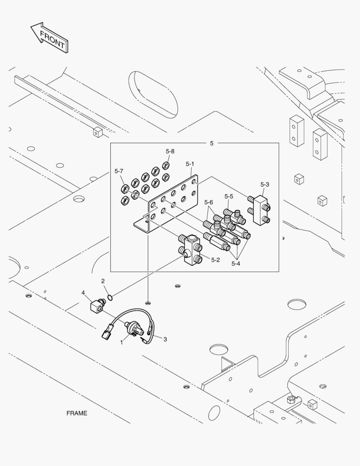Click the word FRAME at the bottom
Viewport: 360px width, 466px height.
coord(77,413)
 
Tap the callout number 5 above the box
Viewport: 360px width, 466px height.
coord(211,143)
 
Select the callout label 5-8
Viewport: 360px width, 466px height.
coord(170,151)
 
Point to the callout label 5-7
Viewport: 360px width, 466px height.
coord(119,171)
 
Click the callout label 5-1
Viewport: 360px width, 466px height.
coord(190,164)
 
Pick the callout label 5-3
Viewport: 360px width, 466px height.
coord(265,184)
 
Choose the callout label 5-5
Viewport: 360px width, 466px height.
coord(229,196)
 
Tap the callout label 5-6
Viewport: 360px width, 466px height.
coord(209,202)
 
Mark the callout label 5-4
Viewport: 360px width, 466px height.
coord(235,263)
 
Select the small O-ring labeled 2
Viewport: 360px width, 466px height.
coord(110,297)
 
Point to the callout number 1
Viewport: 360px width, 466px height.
coord(122,342)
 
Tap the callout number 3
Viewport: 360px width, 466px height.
coord(165,339)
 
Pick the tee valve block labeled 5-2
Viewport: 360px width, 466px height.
coord(190,249)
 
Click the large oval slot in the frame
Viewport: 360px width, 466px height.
coord(153,94)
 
